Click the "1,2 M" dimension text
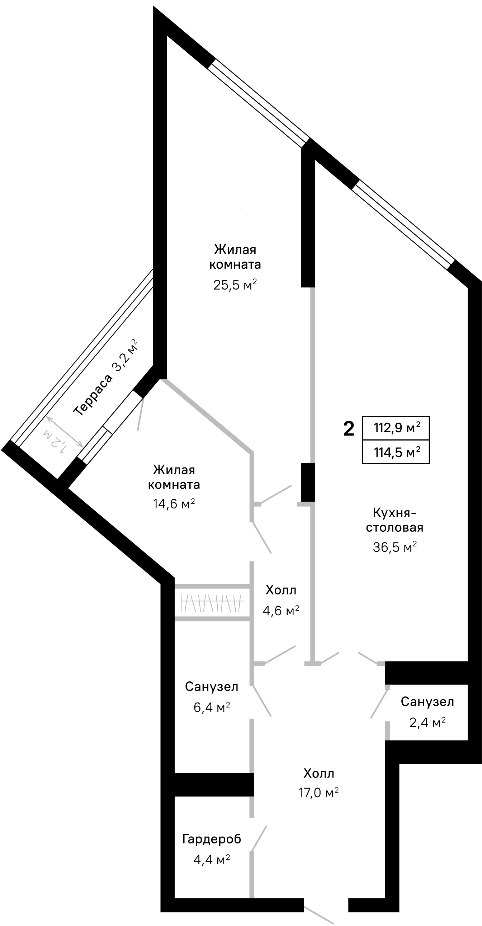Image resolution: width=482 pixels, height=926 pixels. point(55,441)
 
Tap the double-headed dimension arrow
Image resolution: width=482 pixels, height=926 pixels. point(65,432)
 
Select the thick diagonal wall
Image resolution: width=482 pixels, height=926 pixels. point(207,415)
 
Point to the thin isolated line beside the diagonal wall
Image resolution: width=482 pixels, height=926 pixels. point(141,414)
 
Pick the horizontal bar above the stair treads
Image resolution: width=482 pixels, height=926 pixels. point(212,586)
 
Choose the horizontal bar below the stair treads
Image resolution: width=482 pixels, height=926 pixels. point(212,619)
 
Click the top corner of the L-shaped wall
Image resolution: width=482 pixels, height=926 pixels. point(311,504)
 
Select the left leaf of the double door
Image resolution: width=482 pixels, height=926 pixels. point(330,657)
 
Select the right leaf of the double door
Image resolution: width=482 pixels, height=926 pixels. point(367,658)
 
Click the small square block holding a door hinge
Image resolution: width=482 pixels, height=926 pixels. point(387,687)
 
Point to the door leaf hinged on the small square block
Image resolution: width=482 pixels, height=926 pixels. point(379,704)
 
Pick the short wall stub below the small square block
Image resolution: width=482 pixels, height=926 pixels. point(387,730)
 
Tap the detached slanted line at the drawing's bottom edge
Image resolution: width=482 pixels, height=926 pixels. point(319,915)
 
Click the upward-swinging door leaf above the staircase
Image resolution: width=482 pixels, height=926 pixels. point(276,494)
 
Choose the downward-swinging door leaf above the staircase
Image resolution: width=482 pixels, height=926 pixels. point(262,538)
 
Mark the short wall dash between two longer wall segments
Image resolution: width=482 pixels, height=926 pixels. point(252,807)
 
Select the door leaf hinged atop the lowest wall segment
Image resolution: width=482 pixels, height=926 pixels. point(259,838)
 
